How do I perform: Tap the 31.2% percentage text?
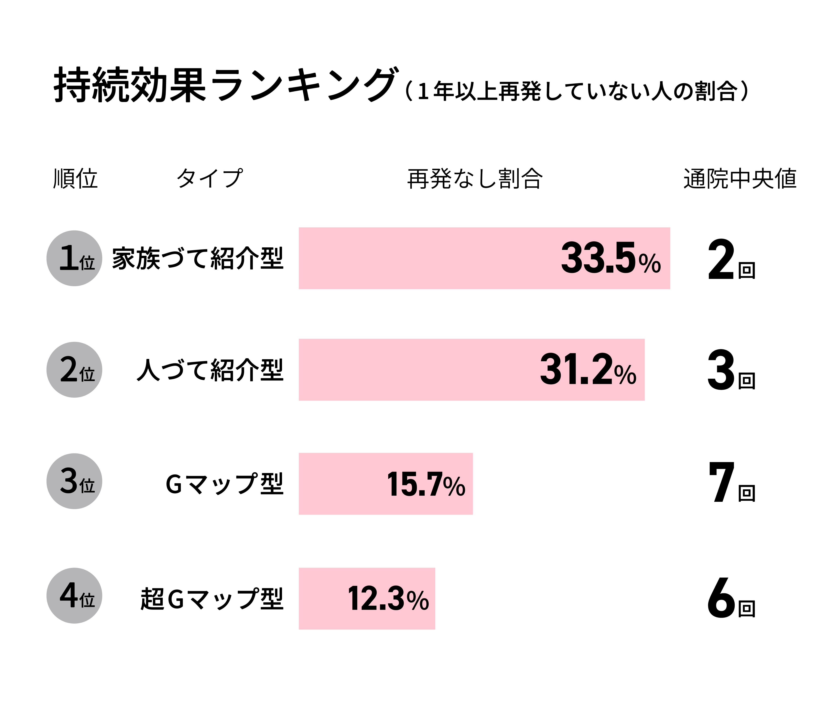click(587, 370)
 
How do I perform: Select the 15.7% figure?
click(426, 484)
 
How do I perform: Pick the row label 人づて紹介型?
click(210, 370)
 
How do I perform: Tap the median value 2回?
click(731, 260)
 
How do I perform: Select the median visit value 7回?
click(731, 483)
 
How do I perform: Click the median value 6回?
click(731, 598)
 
